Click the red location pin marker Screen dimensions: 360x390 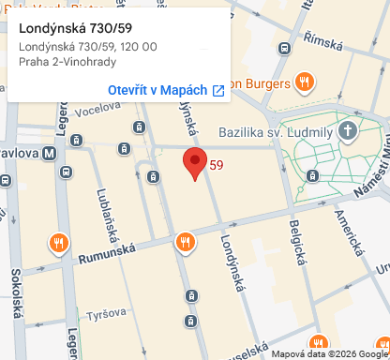194,162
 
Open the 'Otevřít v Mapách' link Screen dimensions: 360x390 157,90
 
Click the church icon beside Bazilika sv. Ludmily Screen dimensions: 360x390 349,129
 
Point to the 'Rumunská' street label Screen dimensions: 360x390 107,250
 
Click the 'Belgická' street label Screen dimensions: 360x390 297,239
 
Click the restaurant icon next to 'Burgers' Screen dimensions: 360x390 303,82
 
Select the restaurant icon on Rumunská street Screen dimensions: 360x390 185,243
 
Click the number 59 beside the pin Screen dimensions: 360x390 217,166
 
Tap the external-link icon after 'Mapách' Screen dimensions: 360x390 218,90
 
